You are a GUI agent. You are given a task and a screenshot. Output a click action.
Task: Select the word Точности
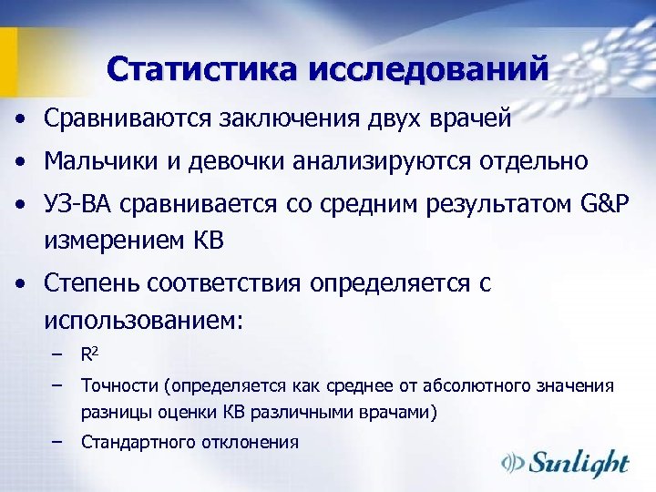[118, 386]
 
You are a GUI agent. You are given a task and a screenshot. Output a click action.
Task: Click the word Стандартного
[137, 442]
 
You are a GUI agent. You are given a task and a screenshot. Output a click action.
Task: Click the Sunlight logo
[566, 463]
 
